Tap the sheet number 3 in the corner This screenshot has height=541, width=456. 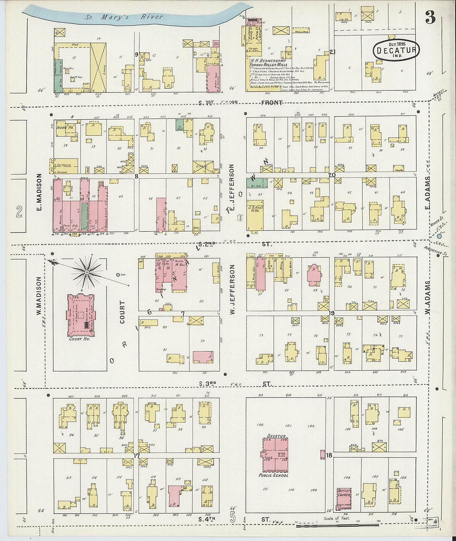(430, 18)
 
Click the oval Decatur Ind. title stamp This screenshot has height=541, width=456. (396, 50)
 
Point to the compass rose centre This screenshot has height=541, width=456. (87, 272)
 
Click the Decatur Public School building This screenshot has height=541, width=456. (274, 454)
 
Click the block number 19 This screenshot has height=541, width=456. (331, 313)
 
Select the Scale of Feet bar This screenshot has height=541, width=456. (337, 524)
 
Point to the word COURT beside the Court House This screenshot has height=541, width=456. (122, 312)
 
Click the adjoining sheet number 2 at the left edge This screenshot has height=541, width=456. (19, 212)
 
